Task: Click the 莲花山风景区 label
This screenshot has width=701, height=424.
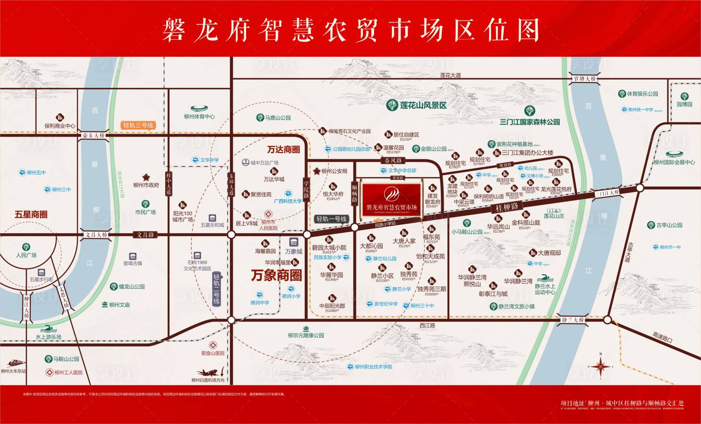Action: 423,105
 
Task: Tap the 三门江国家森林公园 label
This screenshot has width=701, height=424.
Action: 530,122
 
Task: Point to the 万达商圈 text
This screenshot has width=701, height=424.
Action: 283,150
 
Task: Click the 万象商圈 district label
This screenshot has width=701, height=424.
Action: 277,275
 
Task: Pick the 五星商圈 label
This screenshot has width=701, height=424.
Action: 31,214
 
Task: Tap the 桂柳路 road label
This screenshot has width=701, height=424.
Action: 507,207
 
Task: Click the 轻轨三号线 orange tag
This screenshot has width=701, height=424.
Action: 138,126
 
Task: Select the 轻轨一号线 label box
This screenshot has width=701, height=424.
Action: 331,219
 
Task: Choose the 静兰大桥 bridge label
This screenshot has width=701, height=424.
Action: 573,319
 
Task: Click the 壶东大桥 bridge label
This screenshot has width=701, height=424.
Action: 93,136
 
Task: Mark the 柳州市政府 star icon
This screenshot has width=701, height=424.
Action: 146,177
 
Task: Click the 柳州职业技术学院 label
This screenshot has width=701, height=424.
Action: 374,367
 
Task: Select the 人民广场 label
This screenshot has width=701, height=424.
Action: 26,255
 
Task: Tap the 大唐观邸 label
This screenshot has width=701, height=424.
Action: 549,253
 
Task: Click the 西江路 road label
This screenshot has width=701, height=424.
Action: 427,325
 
